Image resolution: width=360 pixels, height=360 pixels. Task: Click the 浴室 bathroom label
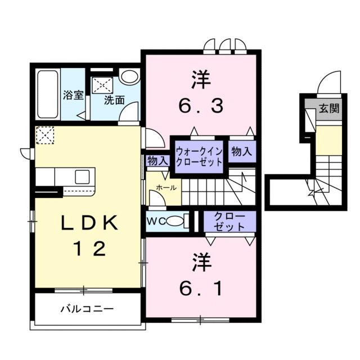tap(73, 94)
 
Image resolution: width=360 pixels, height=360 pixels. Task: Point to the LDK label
tap(90, 224)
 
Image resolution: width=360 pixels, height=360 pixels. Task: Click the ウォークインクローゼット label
tap(199, 155)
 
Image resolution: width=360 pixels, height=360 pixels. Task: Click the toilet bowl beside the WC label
tap(176, 221)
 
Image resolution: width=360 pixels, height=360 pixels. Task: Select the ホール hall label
tap(166, 187)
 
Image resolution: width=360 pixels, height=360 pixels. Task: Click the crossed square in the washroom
tap(104, 84)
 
